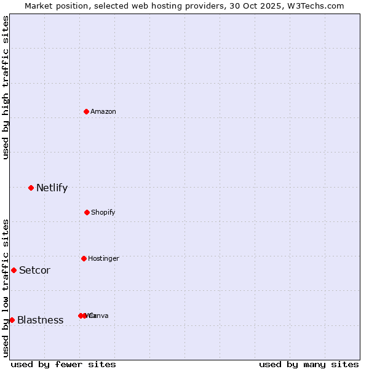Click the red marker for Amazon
click(87, 111)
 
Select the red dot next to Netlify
click(31, 188)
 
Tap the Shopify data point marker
click(87, 212)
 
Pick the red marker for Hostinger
click(84, 258)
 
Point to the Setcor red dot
click(14, 270)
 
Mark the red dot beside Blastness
click(12, 320)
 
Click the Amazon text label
click(103, 111)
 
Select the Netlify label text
click(52, 188)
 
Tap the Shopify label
click(103, 212)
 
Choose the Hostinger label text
click(103, 258)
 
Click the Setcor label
click(34, 270)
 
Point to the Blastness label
click(40, 320)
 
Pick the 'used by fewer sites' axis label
click(63, 364)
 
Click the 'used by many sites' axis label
click(309, 364)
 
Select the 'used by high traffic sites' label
click(6, 88)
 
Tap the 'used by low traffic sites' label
click(6, 288)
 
